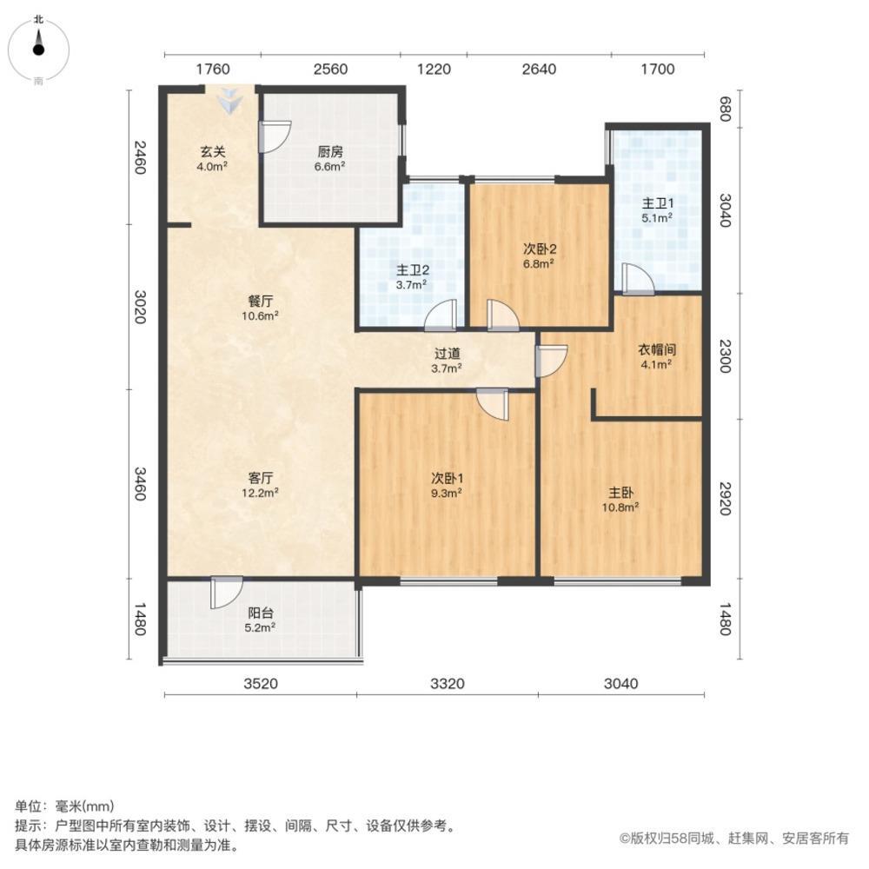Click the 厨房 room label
[x=331, y=150]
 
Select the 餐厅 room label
[x=261, y=301]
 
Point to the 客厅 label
[x=261, y=478]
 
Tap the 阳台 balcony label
[x=261, y=612]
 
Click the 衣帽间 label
[x=658, y=349]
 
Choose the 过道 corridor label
[x=448, y=354]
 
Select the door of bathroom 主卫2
[x=441, y=315]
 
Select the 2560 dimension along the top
[x=330, y=70]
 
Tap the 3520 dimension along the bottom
[x=260, y=684]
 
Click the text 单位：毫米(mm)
[x=64, y=806]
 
